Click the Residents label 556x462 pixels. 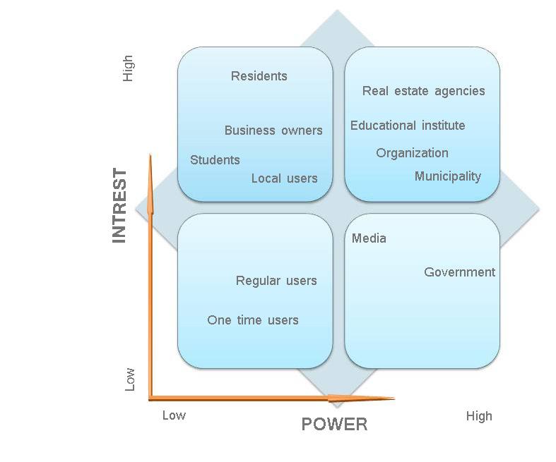(259, 76)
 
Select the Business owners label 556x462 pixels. (273, 130)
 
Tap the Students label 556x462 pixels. (215, 160)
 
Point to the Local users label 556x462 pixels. (284, 178)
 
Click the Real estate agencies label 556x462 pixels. (423, 91)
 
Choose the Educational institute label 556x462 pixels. (408, 126)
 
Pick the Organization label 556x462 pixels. (412, 153)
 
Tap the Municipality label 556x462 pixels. (447, 176)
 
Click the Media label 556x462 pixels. (369, 238)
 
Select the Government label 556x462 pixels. (459, 272)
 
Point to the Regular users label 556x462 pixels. (276, 281)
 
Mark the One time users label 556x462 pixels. (253, 320)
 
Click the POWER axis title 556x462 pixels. (334, 424)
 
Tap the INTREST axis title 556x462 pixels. (119, 206)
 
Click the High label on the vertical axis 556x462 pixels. (128, 68)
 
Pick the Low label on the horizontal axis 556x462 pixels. (174, 415)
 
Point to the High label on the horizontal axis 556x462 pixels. (479, 416)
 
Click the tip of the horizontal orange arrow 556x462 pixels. (394, 399)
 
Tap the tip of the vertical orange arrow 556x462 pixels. (150, 156)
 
